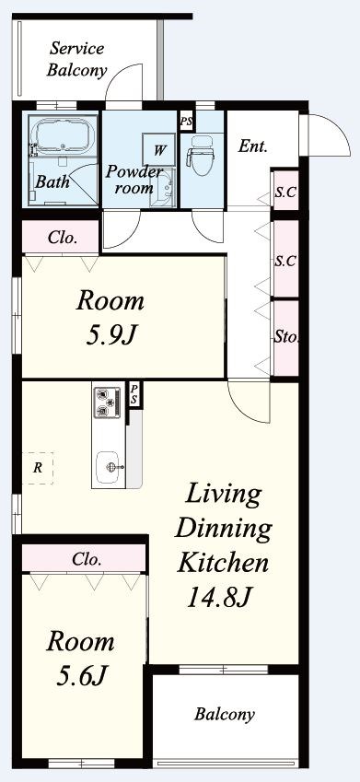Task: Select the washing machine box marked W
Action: [x=158, y=149]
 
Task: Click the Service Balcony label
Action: [x=76, y=60]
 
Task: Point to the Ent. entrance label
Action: [x=253, y=146]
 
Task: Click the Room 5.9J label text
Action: [x=110, y=319]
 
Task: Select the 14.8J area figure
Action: [x=217, y=597]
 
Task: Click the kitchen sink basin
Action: [x=109, y=467]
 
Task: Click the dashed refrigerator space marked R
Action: [x=38, y=468]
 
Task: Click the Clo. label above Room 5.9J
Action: [x=63, y=238]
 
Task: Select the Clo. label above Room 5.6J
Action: [x=87, y=559]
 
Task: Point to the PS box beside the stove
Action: [x=134, y=395]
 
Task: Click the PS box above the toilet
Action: [x=187, y=122]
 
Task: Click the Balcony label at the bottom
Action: [x=225, y=714]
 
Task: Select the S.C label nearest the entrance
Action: [x=285, y=193]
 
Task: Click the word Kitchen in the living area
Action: [x=224, y=563]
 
